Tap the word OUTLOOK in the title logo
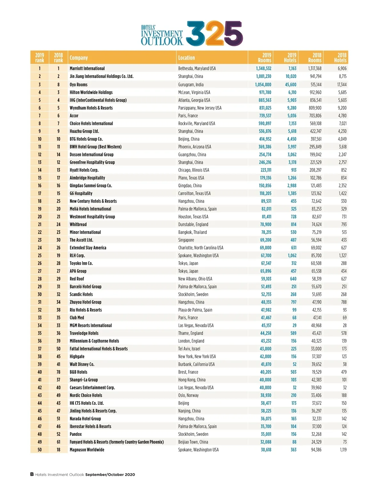[x=162, y=41]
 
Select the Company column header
[x=79, y=58]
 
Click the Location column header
[x=186, y=58]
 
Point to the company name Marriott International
[x=87, y=68]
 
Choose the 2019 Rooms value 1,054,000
[x=263, y=85]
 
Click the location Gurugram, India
[x=191, y=85]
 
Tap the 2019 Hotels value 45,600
[x=291, y=85]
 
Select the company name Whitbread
[x=78, y=224]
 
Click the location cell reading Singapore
[x=186, y=240]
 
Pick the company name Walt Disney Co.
[x=82, y=364]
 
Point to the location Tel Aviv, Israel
[x=189, y=349]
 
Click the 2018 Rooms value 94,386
[x=316, y=450]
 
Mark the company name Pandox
[x=76, y=434]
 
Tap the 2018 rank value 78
[x=58, y=372]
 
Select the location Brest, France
[x=188, y=372]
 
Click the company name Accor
[x=74, y=116]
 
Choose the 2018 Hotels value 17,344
[x=342, y=85]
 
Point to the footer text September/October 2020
[x=110, y=474]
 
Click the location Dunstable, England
[x=193, y=224]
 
